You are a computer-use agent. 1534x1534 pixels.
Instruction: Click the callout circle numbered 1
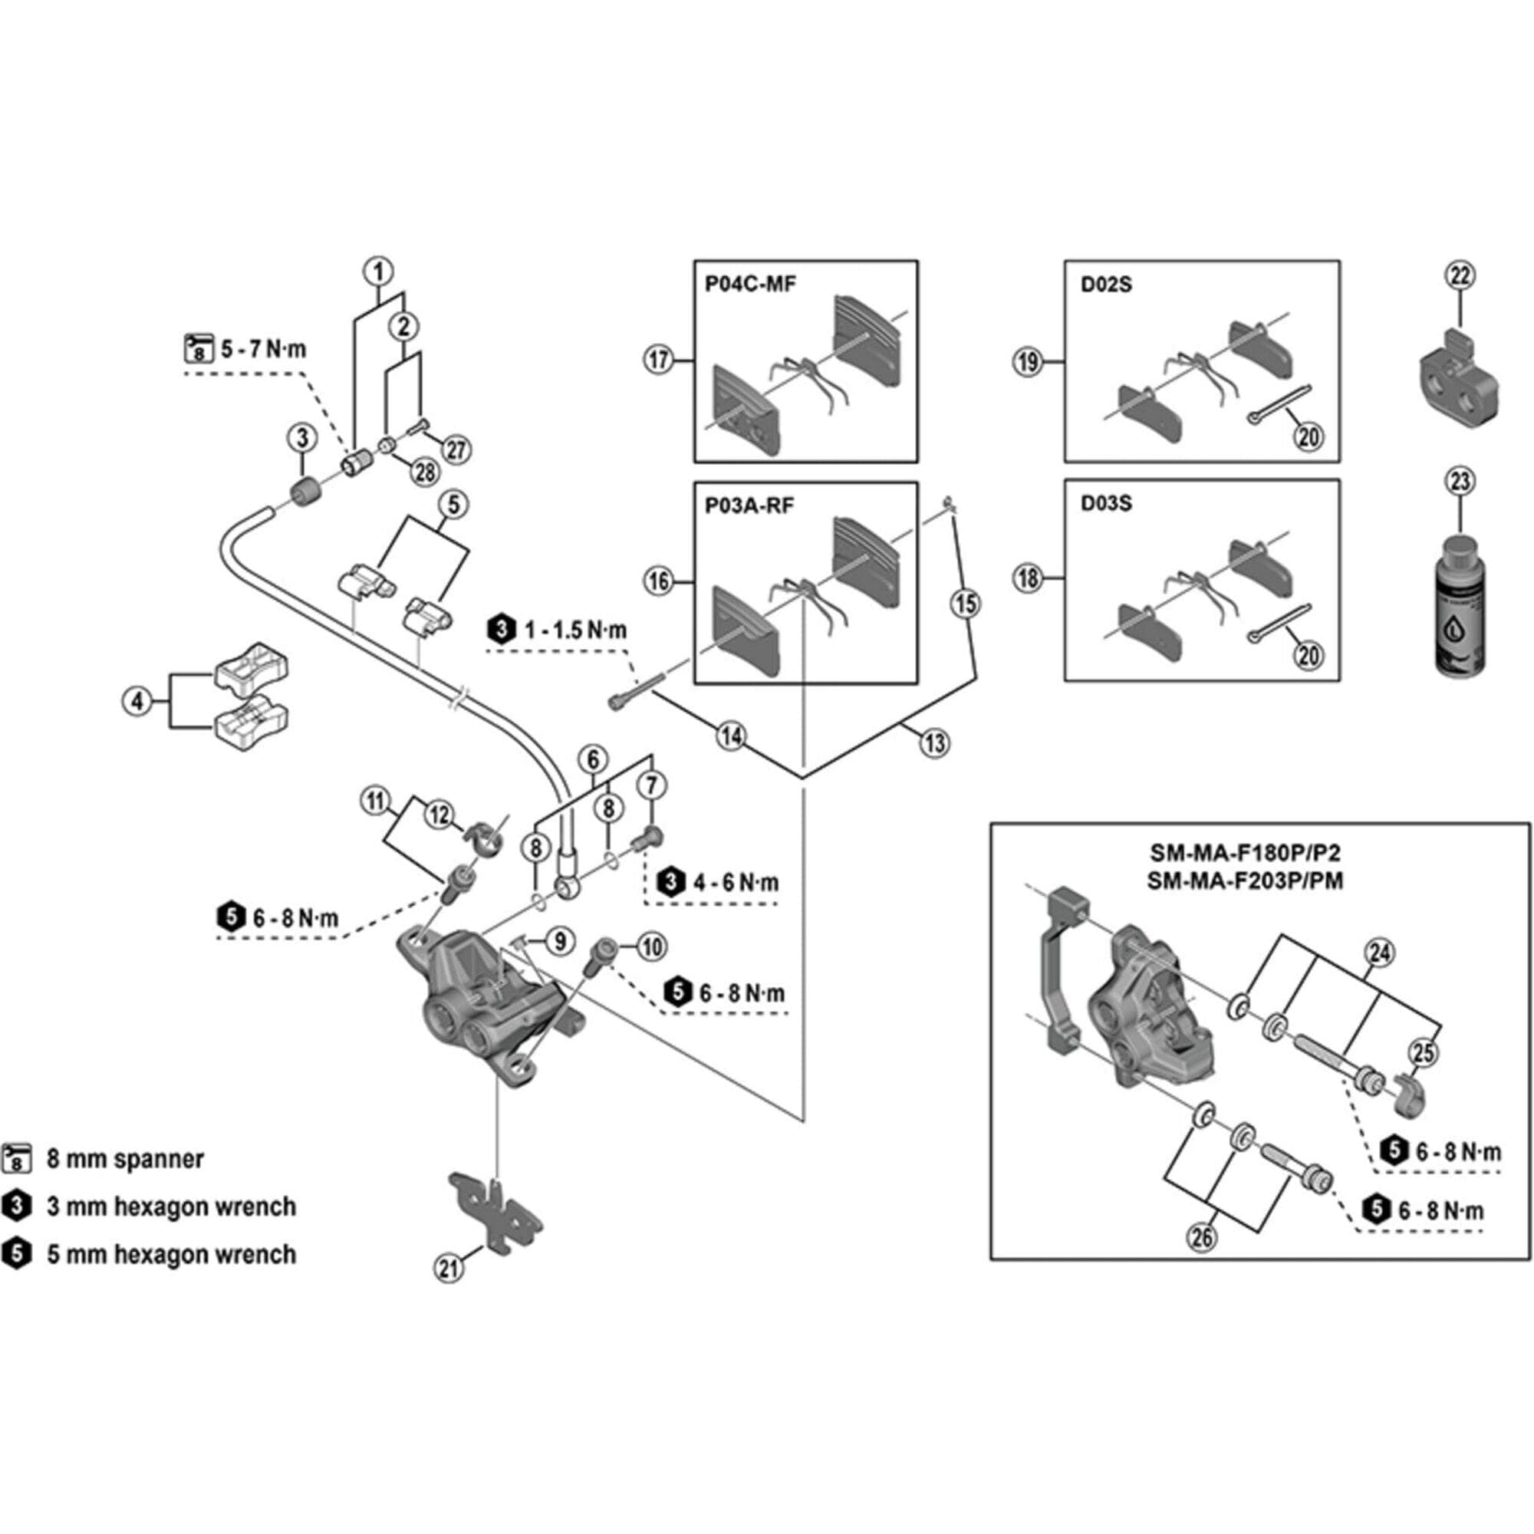pos(379,272)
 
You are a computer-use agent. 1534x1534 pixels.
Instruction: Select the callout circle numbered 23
pos(1461,482)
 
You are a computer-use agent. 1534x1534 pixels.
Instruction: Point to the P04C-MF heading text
pos(750,285)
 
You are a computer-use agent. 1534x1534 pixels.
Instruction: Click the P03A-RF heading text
pos(749,505)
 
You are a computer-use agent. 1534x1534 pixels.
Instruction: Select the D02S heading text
pos(1106,285)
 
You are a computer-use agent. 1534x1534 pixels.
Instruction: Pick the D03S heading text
pos(1106,503)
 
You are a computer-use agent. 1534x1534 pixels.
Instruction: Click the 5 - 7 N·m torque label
pos(263,349)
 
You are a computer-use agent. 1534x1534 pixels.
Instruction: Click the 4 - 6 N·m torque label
pos(736,882)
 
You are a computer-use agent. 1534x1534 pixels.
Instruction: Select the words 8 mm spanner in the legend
pos(126,1159)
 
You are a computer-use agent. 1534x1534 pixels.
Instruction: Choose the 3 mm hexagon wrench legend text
pos(171,1206)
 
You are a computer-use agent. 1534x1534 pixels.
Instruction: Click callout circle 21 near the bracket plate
pos(449,1268)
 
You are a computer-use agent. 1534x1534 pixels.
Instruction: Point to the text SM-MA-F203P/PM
pos(1245,881)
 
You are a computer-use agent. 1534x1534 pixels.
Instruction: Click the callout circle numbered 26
pos(1202,1236)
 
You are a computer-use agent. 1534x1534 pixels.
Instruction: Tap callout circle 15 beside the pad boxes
pos(966,604)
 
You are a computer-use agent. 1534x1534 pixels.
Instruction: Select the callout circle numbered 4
pos(137,701)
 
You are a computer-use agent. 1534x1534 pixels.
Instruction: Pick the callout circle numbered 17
pos(659,360)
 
